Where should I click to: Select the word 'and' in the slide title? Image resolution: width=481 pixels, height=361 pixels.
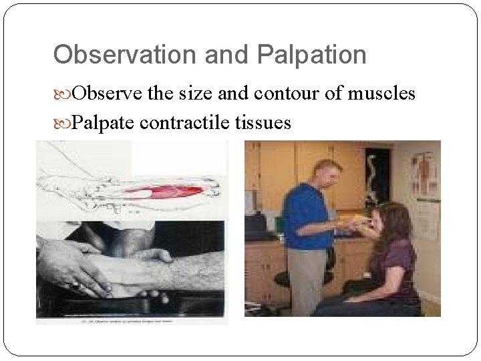tap(227, 55)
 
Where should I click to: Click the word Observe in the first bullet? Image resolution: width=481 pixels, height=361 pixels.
tap(108, 94)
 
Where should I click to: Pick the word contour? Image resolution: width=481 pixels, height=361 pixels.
tap(285, 94)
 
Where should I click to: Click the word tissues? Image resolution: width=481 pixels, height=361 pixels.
tap(264, 123)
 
